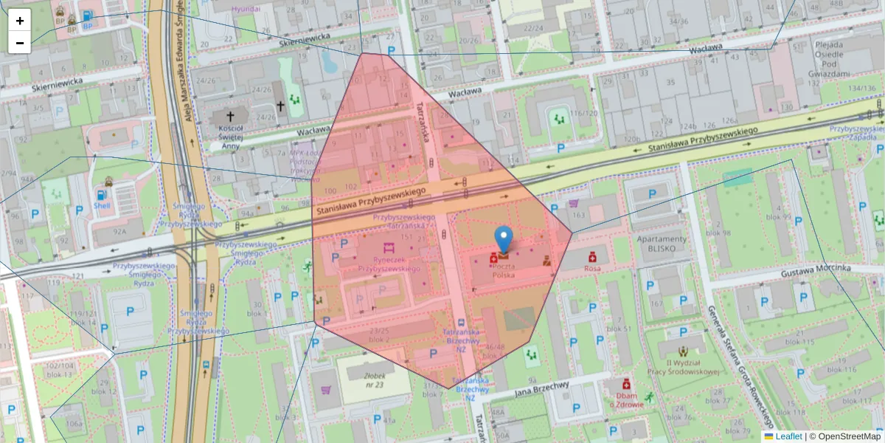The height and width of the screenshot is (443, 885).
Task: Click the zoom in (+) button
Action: point(20,21)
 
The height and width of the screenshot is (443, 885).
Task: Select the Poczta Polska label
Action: point(504,269)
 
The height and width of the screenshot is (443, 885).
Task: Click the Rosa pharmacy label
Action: point(591,268)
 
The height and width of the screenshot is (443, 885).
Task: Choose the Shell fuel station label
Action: point(101,206)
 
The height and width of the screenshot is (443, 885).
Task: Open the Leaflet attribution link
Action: point(788,436)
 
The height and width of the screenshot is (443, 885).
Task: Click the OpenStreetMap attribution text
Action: point(844,436)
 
